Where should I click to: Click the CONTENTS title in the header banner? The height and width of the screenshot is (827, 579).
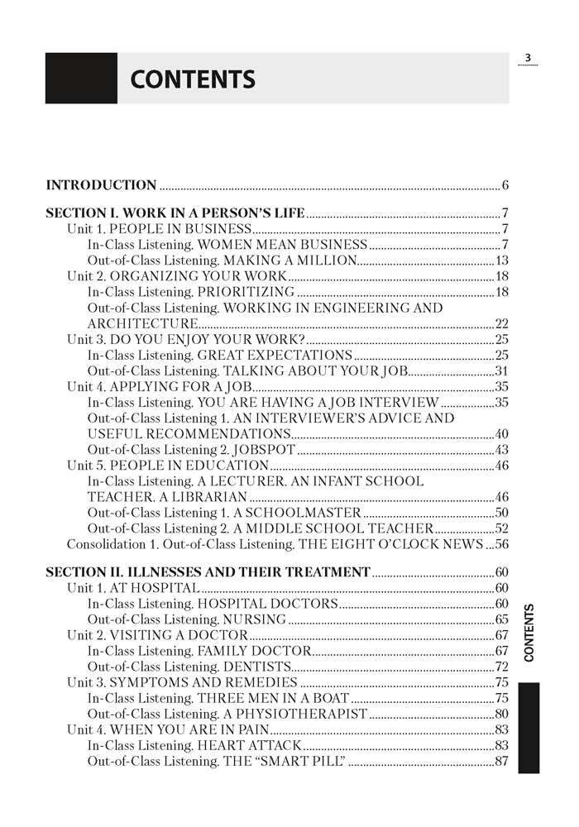tap(193, 79)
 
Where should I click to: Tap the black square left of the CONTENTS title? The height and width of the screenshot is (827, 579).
tap(81, 79)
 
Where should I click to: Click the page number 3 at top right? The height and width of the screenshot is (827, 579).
tap(528, 57)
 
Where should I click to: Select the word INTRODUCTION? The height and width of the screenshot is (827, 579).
tap(101, 185)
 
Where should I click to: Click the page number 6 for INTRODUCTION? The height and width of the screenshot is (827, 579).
tap(505, 185)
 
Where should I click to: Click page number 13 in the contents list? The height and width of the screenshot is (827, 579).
tap(501, 260)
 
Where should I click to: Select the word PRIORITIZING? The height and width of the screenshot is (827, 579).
tap(246, 291)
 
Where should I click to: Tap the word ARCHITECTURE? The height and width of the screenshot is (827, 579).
tap(142, 323)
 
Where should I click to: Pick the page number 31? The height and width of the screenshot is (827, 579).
tap(501, 370)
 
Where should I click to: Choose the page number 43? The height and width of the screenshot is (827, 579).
tap(501, 450)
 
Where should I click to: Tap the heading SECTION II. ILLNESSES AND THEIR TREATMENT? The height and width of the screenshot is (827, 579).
tap(208, 572)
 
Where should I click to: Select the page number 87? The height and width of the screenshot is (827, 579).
tap(501, 761)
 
